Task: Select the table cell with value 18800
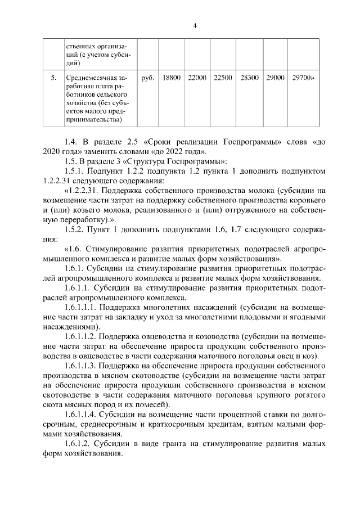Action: click(x=171, y=77)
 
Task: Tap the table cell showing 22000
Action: click(x=197, y=77)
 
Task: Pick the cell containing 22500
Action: click(x=223, y=77)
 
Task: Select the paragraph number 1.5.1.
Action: click(x=76, y=172)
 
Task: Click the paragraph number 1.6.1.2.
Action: click(x=79, y=444)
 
